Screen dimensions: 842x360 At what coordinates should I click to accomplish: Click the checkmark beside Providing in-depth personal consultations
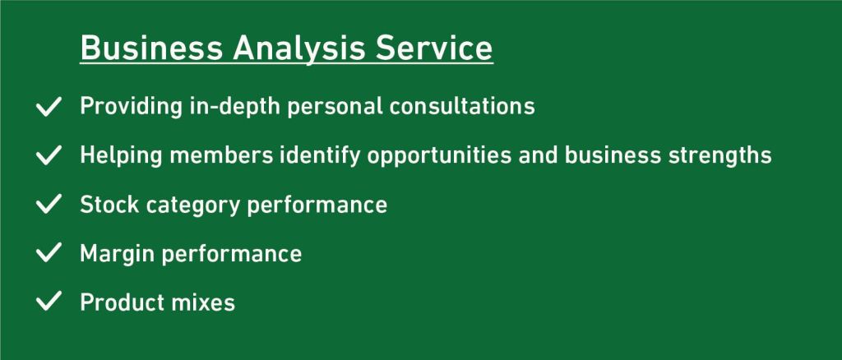tap(49, 106)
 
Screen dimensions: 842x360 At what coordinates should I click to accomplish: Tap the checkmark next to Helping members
tap(49, 155)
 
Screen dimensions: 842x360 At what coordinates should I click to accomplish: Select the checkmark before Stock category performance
tap(49, 205)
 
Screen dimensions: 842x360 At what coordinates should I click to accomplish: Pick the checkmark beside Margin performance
tap(49, 253)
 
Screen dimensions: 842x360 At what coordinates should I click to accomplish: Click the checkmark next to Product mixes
tap(49, 302)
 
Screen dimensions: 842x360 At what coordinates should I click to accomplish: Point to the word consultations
tap(462, 106)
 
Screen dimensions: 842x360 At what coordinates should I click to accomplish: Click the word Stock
tap(109, 205)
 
